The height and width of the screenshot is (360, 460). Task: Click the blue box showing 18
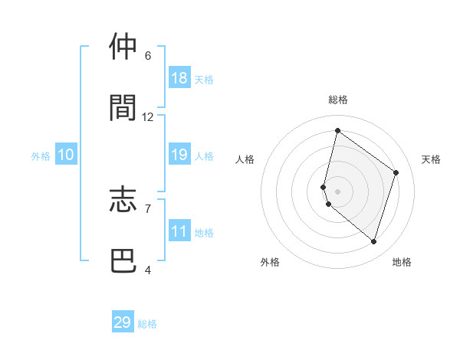point(179,78)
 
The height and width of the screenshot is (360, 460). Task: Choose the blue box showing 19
point(179,155)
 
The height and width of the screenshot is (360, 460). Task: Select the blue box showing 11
point(179,231)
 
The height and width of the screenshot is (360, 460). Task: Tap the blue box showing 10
point(66,155)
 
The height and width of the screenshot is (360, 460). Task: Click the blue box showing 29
point(123,322)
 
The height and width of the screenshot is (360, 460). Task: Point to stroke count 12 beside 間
point(148,117)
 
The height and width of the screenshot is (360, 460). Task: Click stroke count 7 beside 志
point(147,208)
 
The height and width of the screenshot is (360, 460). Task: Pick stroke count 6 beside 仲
point(147,56)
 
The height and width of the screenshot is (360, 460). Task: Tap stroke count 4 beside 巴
point(147,270)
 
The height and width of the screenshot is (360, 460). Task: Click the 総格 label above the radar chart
point(338,100)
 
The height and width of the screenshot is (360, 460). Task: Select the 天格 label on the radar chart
point(431,159)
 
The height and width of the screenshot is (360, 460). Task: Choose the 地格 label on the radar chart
point(402,262)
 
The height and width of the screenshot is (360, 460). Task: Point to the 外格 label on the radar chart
point(270,262)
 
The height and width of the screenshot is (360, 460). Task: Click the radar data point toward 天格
point(396,172)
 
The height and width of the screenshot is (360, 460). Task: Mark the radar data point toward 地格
point(373,241)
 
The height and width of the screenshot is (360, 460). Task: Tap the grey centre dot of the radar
point(338,191)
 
